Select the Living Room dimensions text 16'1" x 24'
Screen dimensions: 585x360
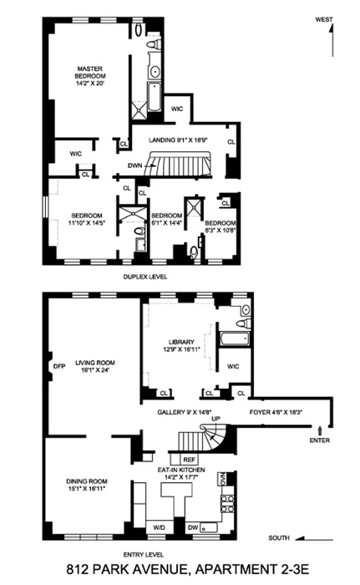[94, 369]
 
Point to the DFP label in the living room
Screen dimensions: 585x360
[58, 366]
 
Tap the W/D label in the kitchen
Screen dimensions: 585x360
[160, 527]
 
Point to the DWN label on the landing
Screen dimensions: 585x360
[135, 166]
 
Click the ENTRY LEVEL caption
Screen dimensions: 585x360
[144, 554]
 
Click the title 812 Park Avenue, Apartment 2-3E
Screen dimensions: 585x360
[180, 572]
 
